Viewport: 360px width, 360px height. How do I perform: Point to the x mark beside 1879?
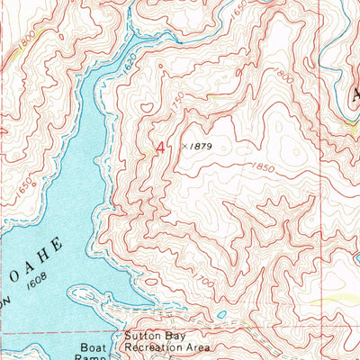click(x=184, y=144)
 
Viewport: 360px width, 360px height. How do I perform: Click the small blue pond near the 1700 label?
click(x=221, y=314)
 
